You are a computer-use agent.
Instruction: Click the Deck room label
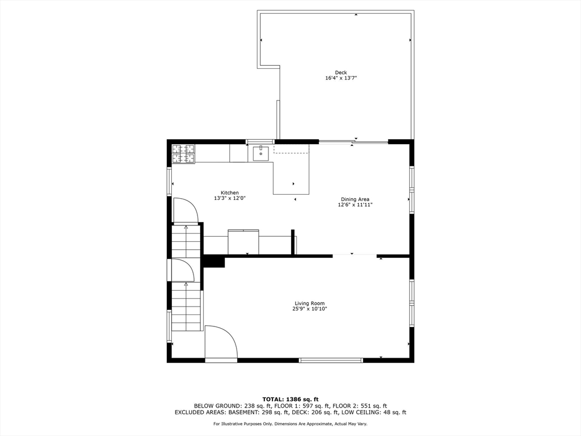click(340, 72)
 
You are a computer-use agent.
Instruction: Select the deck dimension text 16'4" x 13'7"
click(340, 78)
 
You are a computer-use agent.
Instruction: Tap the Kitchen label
click(230, 192)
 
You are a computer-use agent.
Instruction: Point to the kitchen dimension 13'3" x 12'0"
click(230, 198)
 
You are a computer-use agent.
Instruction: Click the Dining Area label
click(355, 199)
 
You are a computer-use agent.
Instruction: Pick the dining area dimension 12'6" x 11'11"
click(355, 205)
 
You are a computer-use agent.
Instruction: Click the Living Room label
click(310, 303)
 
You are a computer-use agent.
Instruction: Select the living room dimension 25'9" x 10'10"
click(310, 309)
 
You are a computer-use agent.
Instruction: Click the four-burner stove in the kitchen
click(183, 154)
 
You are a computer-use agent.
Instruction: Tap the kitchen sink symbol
click(260, 153)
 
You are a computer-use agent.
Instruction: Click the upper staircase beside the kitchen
click(186, 241)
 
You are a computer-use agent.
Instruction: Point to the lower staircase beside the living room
click(186, 307)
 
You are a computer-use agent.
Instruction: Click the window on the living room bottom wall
click(331, 360)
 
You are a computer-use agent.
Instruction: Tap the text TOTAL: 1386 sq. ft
click(290, 399)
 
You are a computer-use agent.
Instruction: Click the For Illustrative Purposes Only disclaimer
click(290, 424)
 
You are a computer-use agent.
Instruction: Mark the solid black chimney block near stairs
click(214, 261)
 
